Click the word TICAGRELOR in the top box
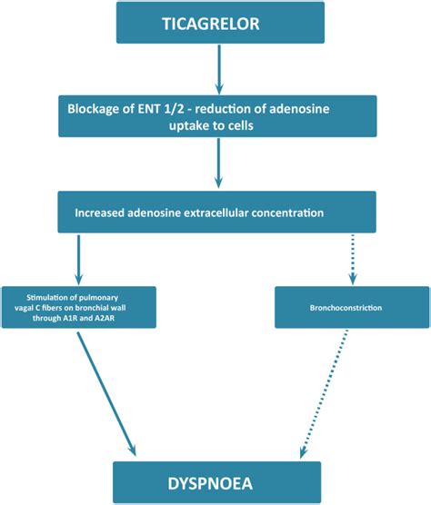click(211, 24)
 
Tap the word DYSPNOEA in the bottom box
click(210, 484)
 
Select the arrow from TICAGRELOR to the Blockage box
click(219, 69)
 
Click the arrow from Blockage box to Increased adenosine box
click(218, 163)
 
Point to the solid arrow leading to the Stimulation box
click(79, 260)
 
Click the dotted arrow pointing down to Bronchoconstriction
click(353, 260)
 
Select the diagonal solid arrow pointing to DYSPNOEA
click(106, 394)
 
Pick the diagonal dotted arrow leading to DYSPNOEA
click(324, 393)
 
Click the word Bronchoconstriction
click(346, 308)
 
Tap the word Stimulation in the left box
click(46, 297)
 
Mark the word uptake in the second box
click(186, 126)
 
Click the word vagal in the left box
click(23, 308)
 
